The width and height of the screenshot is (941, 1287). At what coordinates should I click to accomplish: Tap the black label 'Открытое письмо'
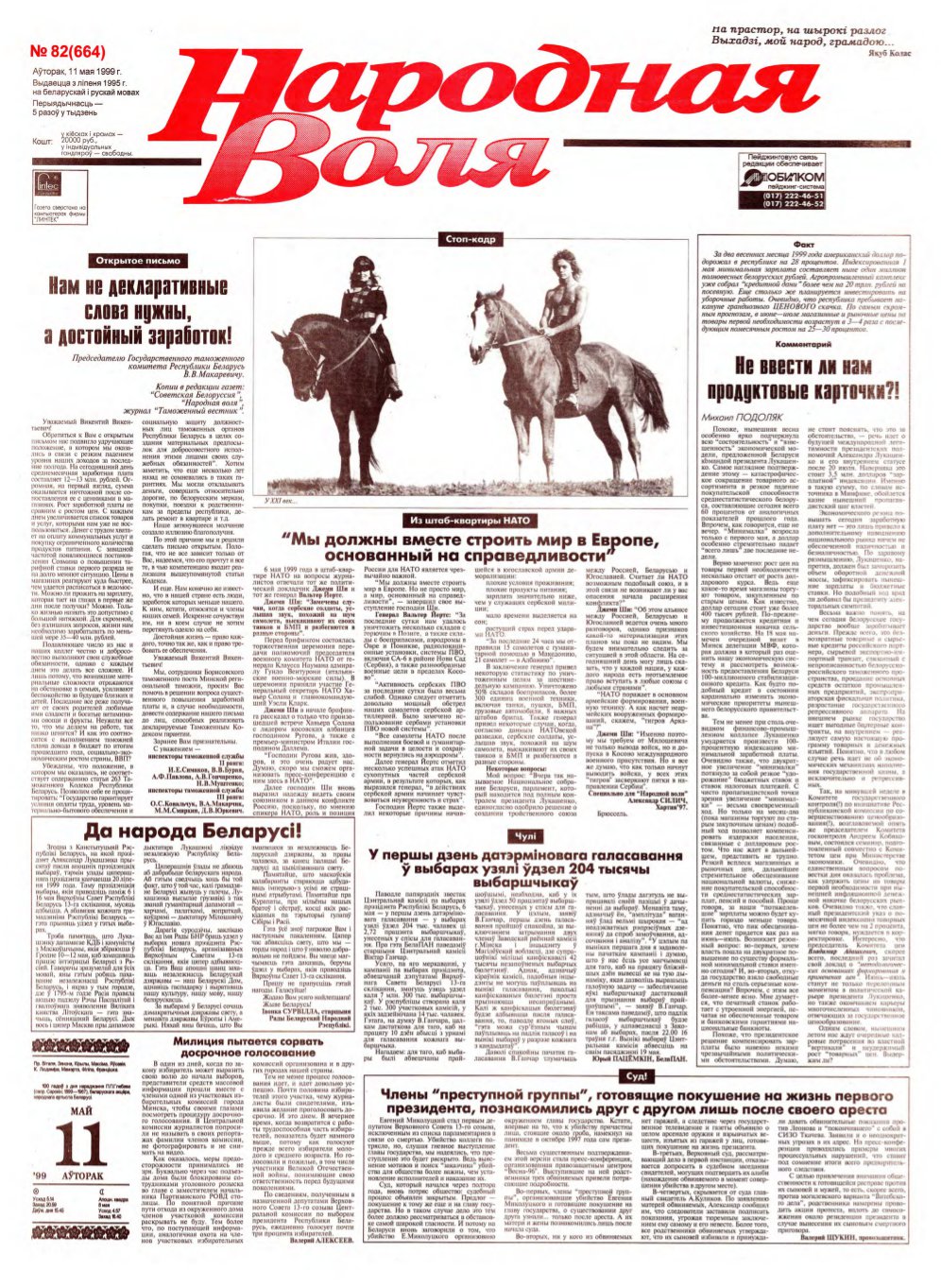pyautogui.click(x=134, y=260)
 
